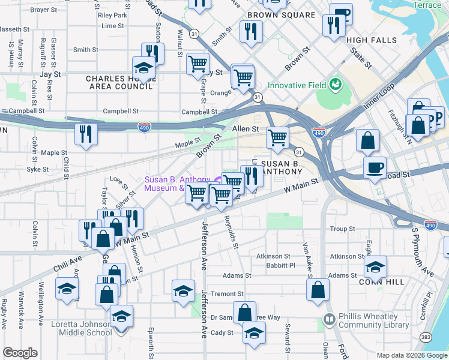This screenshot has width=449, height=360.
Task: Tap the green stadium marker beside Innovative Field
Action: point(335,83)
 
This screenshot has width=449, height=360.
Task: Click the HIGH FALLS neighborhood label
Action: point(372,40)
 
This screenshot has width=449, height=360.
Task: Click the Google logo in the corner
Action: point(20,353)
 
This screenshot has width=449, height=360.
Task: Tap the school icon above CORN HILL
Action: point(375,266)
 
